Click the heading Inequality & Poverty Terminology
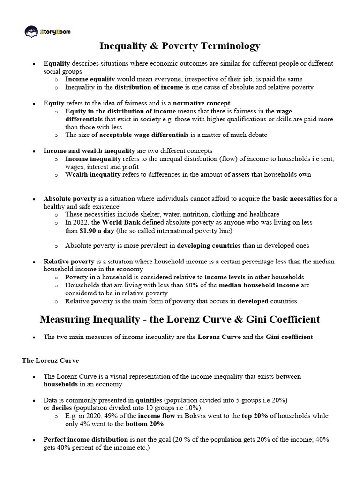click(x=180, y=46)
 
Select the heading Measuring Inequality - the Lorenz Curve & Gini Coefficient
click(x=180, y=319)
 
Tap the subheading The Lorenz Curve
click(x=50, y=360)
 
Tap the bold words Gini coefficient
click(x=289, y=337)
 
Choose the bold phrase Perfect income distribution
click(x=86, y=440)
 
